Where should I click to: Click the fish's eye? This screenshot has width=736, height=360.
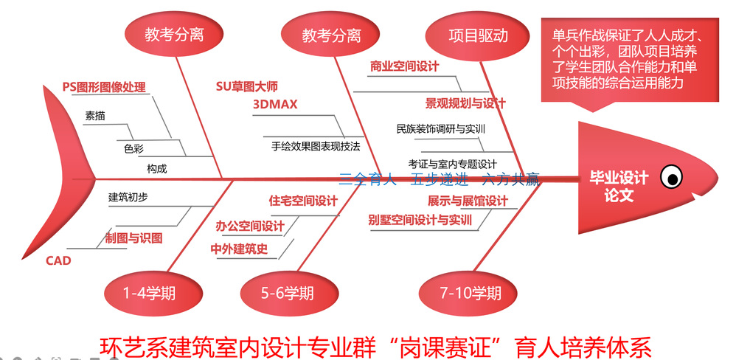pyautogui.click(x=671, y=176)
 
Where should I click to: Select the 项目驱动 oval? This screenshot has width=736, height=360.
pyautogui.click(x=478, y=35)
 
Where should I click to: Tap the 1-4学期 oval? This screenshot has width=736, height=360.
pyautogui.click(x=150, y=293)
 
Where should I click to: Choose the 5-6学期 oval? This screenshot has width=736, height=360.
pyautogui.click(x=288, y=293)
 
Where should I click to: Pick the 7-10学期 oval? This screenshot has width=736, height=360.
pyautogui.click(x=471, y=293)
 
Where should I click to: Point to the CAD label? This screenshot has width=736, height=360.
pyautogui.click(x=58, y=260)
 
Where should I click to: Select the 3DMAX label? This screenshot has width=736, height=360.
pyautogui.click(x=275, y=105)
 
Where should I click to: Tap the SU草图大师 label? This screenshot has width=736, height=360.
pyautogui.click(x=246, y=86)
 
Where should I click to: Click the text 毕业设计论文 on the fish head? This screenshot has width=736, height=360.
pyautogui.click(x=619, y=187)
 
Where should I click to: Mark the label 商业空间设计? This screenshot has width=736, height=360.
pyautogui.click(x=404, y=66)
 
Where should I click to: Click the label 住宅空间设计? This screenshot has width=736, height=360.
pyautogui.click(x=303, y=201)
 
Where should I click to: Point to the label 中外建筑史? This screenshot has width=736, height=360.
pyautogui.click(x=239, y=249)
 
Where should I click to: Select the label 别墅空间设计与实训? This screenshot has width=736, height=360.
pyautogui.click(x=420, y=220)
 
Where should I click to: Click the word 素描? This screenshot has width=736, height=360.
pyautogui.click(x=95, y=116)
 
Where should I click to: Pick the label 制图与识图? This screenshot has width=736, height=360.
pyautogui.click(x=133, y=238)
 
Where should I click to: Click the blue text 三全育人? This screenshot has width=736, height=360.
pyautogui.click(x=368, y=179)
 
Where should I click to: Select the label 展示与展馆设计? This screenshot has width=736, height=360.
pyautogui.click(x=468, y=201)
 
